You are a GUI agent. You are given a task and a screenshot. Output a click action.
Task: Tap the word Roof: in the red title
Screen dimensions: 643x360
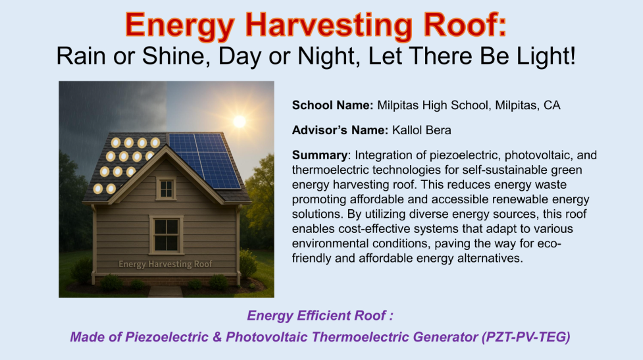(465, 24)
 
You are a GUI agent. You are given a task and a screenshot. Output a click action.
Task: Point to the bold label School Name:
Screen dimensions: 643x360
(332, 105)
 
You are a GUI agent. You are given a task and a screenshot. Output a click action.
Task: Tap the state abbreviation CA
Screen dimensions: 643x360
(552, 105)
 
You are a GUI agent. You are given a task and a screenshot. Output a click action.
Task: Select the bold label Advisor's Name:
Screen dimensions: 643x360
(340, 130)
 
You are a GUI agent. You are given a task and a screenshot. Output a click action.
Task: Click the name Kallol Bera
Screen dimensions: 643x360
(422, 130)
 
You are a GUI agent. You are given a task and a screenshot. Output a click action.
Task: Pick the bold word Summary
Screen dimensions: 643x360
(320, 155)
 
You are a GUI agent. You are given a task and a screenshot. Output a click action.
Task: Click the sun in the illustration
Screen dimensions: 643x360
(240, 121)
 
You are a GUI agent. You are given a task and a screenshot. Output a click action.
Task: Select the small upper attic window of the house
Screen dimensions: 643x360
(166, 189)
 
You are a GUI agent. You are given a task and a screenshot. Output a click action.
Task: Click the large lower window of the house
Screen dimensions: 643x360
(166, 234)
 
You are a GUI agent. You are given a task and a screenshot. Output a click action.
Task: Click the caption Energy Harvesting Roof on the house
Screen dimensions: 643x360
(165, 264)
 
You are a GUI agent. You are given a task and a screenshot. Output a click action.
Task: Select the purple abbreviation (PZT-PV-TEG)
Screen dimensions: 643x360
(526, 337)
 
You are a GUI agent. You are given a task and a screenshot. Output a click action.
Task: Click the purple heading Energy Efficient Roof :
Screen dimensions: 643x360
(320, 316)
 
